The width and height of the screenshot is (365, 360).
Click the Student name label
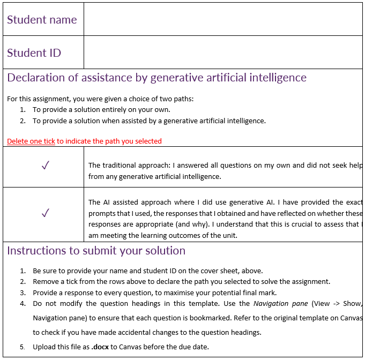click(x=42, y=20)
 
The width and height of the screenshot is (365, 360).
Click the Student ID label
click(x=34, y=52)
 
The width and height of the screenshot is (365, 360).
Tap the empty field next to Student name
click(x=223, y=19)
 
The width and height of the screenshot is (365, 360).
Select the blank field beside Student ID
click(x=223, y=52)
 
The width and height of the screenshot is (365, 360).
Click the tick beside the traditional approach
click(x=45, y=166)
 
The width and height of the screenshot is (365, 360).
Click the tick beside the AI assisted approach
click(x=45, y=213)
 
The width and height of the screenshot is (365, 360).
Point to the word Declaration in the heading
click(x=38, y=78)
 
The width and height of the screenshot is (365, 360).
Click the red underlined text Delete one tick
click(x=31, y=141)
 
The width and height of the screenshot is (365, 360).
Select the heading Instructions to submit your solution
click(x=96, y=251)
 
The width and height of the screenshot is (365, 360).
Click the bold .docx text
click(x=100, y=347)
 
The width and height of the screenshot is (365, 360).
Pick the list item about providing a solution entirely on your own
click(x=101, y=109)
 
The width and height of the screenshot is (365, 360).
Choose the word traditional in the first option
click(x=119, y=165)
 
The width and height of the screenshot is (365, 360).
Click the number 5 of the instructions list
click(x=23, y=347)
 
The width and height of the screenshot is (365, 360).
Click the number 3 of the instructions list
click(x=23, y=292)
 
